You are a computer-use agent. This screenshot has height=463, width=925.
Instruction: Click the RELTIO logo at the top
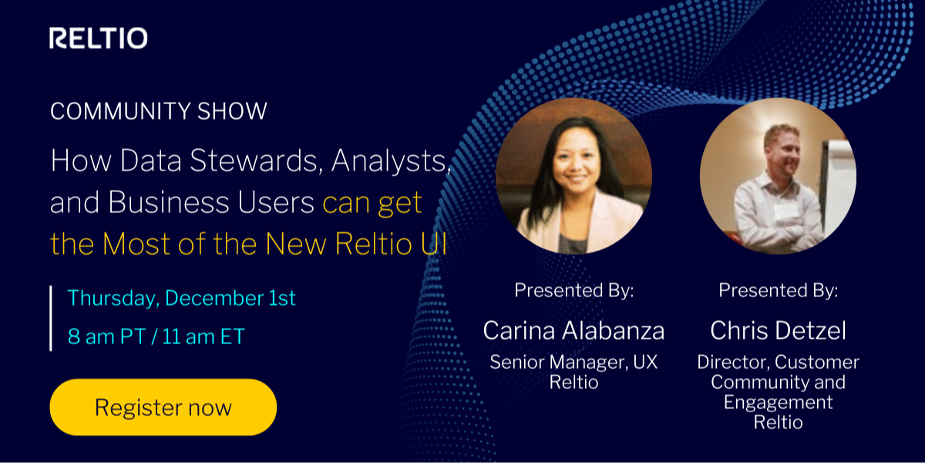98,39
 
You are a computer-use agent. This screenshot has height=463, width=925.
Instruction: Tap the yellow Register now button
163,407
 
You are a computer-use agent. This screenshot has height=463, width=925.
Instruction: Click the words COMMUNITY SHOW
158,111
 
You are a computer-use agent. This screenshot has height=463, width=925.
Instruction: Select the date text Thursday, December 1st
181,298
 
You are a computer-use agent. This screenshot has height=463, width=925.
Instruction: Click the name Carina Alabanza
573,330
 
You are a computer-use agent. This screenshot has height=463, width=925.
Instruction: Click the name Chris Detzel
778,330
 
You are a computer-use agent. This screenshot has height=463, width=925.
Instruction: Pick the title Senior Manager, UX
573,362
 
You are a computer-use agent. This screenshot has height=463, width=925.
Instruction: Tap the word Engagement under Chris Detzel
778,402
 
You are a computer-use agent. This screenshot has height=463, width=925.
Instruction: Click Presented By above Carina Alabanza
573,291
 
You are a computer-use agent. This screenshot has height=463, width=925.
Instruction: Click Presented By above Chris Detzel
778,291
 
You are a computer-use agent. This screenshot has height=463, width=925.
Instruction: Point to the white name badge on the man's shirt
785,209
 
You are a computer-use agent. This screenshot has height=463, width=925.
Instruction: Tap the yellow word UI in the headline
435,243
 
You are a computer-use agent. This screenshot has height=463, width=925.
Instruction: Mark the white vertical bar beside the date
51,318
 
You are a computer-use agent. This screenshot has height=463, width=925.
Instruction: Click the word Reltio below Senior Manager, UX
573,382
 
